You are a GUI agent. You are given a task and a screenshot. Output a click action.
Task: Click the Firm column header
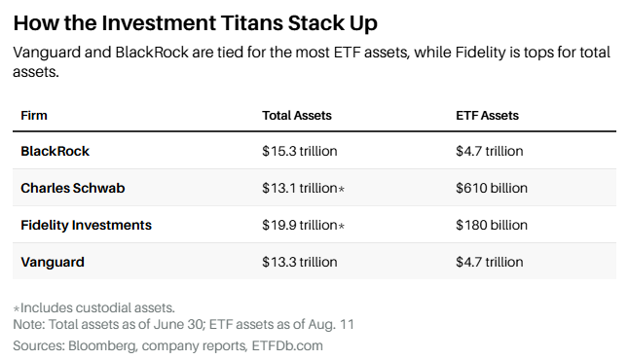34,116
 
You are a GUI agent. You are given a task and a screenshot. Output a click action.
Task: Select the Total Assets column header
297,116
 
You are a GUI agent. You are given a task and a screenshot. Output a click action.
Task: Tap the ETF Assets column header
487,116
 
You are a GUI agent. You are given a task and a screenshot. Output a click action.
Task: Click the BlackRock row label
55,151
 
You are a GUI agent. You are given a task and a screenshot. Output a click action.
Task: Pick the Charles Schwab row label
73,188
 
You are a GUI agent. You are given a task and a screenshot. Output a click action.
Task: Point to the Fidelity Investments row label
87,225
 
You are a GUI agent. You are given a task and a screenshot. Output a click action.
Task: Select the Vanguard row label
53,262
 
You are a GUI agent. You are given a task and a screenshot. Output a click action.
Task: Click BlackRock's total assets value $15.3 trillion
300,151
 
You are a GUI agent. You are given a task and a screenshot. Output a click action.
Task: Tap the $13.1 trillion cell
300,188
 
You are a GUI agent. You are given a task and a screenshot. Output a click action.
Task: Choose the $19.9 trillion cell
300,225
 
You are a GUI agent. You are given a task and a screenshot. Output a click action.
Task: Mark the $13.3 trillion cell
300,262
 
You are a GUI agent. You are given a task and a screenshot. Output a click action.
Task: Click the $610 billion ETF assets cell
492,188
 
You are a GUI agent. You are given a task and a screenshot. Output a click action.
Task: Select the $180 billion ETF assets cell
492,225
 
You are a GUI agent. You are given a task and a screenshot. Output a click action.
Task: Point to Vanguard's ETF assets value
490,262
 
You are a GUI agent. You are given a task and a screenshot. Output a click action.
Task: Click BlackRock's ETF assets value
490,151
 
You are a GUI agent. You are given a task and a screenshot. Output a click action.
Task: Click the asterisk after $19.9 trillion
342,226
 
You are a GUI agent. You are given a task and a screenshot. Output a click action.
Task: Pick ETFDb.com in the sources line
287,345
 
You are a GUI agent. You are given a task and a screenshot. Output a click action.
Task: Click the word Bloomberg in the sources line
102,346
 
